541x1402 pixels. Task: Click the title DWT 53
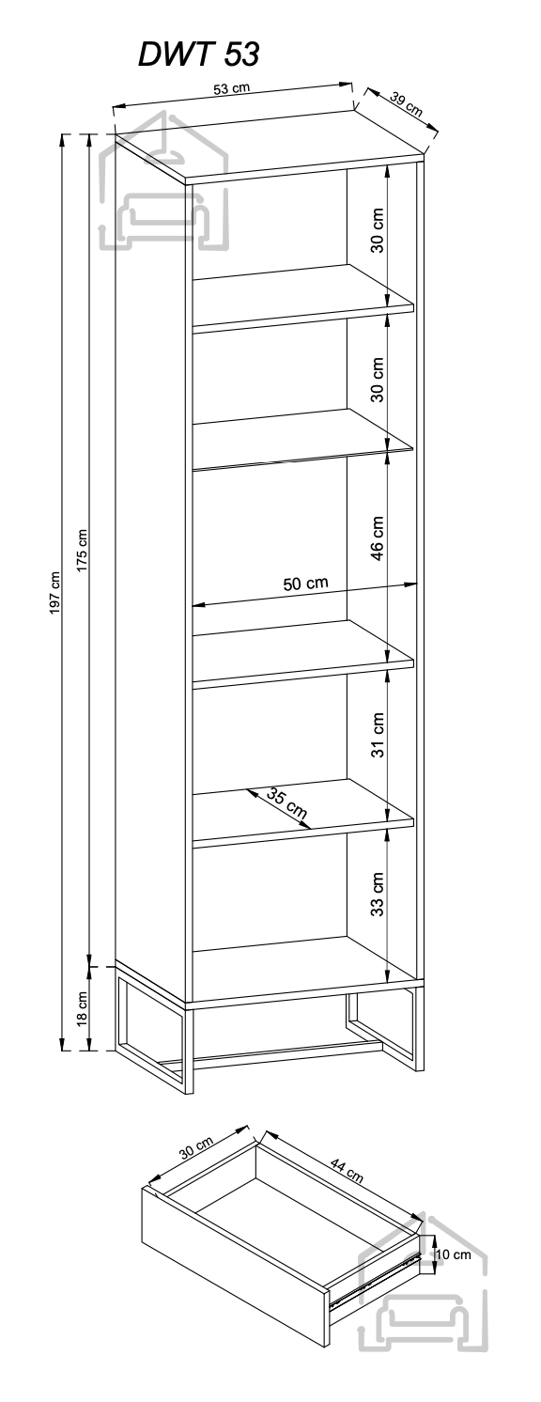point(198,55)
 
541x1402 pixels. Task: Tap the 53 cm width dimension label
point(231,88)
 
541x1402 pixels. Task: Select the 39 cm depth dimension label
point(407,104)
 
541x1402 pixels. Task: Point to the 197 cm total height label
point(55,592)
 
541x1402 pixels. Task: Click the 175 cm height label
point(82,551)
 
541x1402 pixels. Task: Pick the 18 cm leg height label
point(82,1009)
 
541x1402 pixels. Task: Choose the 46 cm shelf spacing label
point(378,538)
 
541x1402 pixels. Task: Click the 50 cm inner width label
point(306,584)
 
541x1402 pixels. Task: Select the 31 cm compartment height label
point(378,735)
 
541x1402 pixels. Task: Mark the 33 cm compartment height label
point(378,895)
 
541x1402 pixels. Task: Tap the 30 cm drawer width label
point(195,1148)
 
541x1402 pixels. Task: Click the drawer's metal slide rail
point(374,1270)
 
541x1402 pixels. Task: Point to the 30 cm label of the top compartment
point(378,229)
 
